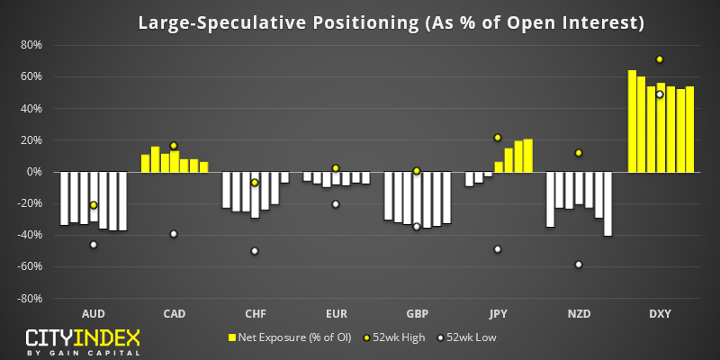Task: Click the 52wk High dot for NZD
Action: [579, 153]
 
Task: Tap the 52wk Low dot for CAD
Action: [174, 234]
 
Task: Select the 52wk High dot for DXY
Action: [660, 59]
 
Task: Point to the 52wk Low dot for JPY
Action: [498, 249]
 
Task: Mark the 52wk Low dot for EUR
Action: [336, 204]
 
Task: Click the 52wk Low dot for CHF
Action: [255, 251]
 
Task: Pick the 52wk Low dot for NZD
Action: [579, 265]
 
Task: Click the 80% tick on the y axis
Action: [31, 45]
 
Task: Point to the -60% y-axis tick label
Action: [29, 266]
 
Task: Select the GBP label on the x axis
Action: [417, 314]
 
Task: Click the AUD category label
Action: [94, 314]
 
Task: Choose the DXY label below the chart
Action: [660, 314]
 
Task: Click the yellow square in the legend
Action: [232, 338]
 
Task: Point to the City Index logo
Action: [83, 342]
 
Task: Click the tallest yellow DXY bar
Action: [632, 121]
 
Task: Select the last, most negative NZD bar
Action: [607, 204]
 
